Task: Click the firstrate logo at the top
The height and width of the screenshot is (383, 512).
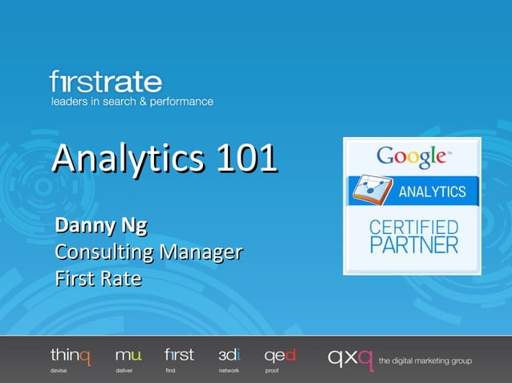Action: pos(105,82)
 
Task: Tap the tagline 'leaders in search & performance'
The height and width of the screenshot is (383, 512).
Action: pos(132,102)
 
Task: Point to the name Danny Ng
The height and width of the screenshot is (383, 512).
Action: pos(101,225)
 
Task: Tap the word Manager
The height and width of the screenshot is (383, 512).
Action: pos(201,252)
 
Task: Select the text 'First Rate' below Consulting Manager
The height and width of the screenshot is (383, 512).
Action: pos(98,280)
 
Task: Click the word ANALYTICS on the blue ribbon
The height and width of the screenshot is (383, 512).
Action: pos(432,192)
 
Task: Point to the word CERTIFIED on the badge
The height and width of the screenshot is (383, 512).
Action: pos(413,228)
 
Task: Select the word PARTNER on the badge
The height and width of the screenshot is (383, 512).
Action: pos(413,244)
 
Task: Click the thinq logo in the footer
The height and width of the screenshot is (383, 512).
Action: pos(71,355)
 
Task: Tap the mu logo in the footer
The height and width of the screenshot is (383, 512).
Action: pos(128,355)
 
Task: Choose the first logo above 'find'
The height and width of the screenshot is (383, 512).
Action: pos(179,354)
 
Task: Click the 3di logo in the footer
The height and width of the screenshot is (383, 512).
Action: pos(230,354)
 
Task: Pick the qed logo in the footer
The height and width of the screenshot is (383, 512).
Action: pos(280,355)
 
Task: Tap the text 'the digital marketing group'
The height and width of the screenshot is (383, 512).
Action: pos(425,361)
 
